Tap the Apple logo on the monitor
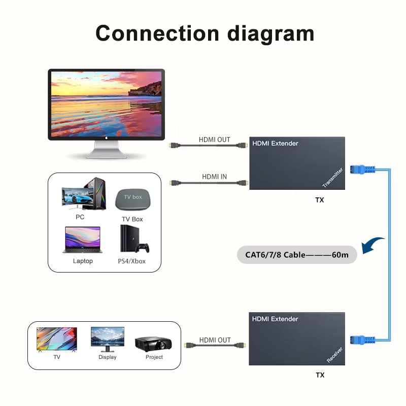[107, 137]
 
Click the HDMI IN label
[214, 177]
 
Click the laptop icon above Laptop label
[82, 240]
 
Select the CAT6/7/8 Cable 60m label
[297, 255]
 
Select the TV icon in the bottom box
[57, 339]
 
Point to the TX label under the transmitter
[319, 200]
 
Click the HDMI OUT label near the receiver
[215, 340]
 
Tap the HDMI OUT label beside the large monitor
[214, 140]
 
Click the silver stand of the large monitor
[107, 150]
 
